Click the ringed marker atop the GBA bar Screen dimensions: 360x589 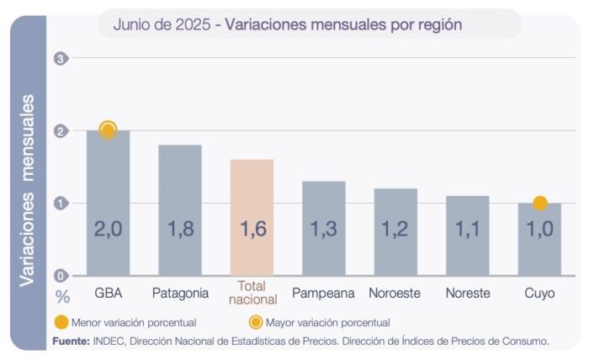point(108,130)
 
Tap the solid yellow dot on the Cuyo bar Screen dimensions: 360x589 point(540,203)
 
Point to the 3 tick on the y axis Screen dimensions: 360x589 point(60,58)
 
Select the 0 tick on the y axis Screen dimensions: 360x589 point(60,275)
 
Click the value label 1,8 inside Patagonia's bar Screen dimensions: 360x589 point(180,229)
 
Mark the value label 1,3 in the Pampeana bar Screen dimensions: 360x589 point(324,229)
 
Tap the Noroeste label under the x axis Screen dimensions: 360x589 point(395,294)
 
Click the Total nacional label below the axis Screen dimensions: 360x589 point(252,293)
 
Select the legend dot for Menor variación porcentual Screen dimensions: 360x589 point(61,321)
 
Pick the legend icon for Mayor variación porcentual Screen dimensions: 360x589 point(254,321)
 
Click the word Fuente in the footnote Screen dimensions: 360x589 point(70,341)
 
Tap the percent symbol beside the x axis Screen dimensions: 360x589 point(61,295)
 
